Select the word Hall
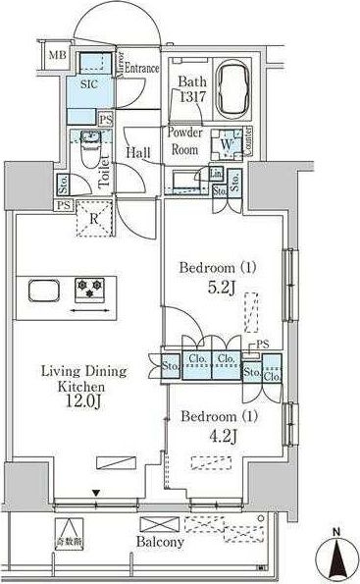click(x=138, y=154)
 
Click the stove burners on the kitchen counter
click(x=93, y=291)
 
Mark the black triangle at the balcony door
click(x=97, y=493)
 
